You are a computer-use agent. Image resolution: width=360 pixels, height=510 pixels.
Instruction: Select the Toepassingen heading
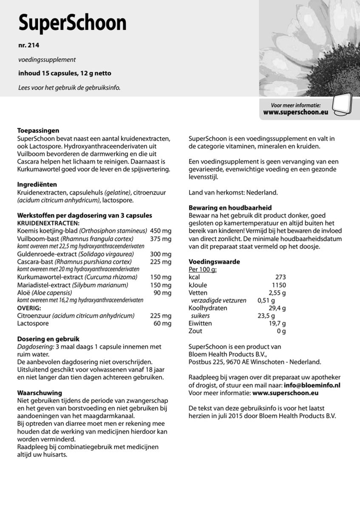[38, 131]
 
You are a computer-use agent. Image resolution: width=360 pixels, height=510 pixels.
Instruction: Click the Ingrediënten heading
[37, 185]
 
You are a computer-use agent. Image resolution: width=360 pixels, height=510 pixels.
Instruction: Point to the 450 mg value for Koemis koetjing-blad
[161, 231]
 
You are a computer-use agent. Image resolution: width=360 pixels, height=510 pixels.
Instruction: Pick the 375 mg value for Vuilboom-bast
[161, 238]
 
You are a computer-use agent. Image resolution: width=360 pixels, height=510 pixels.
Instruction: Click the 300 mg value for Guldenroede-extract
[161, 254]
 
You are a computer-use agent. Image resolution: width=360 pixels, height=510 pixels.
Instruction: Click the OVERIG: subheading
[29, 308]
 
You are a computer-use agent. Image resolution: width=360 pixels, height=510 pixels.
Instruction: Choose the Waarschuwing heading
[40, 393]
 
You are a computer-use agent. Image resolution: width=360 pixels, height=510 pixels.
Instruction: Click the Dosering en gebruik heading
[48, 339]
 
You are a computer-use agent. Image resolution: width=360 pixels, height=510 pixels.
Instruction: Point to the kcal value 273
[281, 277]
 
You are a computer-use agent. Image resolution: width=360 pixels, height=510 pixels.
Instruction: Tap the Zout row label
[195, 331]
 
